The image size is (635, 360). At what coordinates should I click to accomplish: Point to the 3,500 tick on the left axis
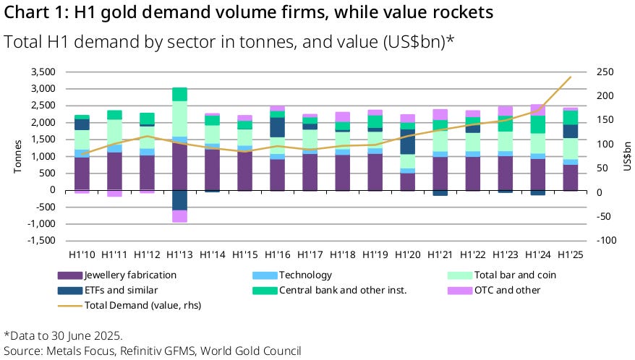[41, 72]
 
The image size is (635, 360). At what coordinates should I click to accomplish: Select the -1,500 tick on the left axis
[40, 241]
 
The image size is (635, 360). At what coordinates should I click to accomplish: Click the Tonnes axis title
[17, 156]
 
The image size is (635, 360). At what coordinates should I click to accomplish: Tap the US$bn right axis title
[627, 156]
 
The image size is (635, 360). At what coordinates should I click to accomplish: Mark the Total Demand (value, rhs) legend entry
[142, 305]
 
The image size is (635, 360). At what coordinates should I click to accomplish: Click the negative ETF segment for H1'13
[179, 200]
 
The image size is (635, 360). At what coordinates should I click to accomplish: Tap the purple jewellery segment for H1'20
[407, 181]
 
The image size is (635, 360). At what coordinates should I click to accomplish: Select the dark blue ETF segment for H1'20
[407, 142]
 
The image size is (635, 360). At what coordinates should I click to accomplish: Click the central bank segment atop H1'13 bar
[179, 94]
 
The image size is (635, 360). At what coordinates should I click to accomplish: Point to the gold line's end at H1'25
[571, 77]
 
